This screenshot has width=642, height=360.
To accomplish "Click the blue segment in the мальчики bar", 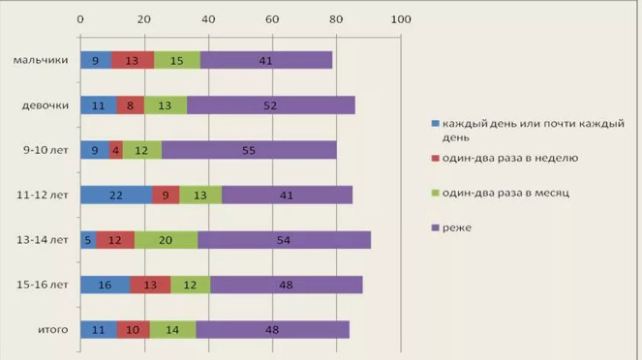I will coord(95,60).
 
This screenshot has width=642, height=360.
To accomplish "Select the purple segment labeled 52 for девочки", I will coord(271,105).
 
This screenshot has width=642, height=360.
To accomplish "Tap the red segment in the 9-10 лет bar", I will coord(116,150).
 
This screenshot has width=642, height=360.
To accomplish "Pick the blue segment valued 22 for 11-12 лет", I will coord(115,195).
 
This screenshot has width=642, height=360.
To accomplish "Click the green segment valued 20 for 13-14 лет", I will coord(166,240).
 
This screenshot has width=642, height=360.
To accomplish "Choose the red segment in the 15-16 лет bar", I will coord(150,285).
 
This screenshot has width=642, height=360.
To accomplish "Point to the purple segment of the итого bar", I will coord(272,330).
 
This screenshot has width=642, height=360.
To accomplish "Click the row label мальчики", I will coord(41,60).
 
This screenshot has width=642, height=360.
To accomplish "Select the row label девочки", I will coord(45,105).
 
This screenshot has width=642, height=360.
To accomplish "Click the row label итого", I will coord(52,330).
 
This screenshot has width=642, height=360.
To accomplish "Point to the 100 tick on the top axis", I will coord(401,18).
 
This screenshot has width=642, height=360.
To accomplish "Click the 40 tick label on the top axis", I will coord(208,18).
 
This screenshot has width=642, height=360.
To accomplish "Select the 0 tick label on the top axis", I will coord(79,18).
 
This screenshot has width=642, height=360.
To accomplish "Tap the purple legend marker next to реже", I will coord(436,227).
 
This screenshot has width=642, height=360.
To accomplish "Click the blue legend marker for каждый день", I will coord(436,125).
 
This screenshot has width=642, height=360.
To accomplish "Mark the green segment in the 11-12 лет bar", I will coord(200,195).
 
